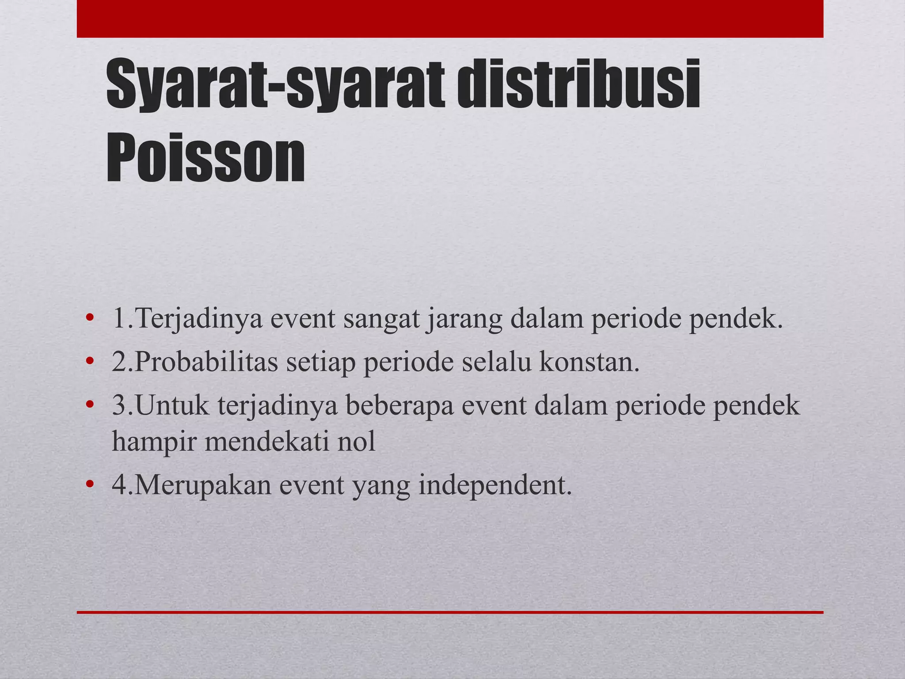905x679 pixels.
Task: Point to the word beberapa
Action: [x=399, y=405]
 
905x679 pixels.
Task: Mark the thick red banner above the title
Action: [x=450, y=19]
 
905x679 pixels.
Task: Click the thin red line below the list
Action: [x=450, y=612]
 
